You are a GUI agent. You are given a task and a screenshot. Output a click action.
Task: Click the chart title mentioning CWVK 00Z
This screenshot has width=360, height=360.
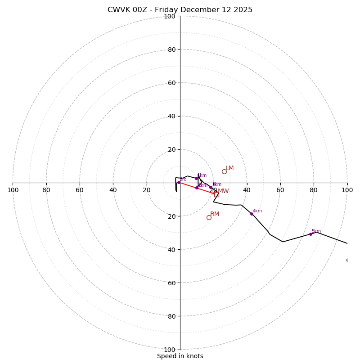click(180, 10)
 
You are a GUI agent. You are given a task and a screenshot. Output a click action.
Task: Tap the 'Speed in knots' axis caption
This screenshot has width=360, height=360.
click(180, 356)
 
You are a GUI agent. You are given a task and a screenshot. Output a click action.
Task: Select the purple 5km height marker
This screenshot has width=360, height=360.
click(310, 234)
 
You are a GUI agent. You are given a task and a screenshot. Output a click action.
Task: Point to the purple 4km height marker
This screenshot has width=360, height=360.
click(252, 214)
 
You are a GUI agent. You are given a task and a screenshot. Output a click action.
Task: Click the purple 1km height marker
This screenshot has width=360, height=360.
click(196, 178)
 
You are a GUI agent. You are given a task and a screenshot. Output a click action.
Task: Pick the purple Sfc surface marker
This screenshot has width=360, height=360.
click(179, 182)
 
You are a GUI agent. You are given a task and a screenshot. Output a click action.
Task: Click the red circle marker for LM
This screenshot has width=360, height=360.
click(224, 171)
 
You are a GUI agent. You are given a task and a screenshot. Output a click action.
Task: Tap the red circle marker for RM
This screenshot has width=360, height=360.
click(209, 217)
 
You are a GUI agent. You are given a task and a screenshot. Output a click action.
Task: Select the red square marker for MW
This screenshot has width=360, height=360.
click(216, 194)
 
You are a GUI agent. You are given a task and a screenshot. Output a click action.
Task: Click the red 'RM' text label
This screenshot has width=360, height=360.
click(215, 214)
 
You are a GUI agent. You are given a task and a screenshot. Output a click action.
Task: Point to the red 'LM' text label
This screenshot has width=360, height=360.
click(230, 168)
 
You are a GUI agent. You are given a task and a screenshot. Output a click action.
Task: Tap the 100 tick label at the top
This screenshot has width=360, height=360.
click(169, 16)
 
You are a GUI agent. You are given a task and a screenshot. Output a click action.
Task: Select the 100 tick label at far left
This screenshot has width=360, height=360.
click(13, 190)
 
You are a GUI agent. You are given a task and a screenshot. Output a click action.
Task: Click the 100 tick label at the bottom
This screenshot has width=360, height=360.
click(169, 350)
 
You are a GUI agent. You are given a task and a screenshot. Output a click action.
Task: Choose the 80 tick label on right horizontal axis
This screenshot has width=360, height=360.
click(314, 190)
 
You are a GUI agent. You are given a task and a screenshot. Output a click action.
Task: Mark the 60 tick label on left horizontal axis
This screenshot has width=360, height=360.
click(80, 190)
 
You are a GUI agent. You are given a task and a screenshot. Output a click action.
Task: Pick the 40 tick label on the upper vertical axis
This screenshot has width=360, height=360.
click(171, 116)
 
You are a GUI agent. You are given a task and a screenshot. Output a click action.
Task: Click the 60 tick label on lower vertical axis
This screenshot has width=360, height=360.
click(171, 283)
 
